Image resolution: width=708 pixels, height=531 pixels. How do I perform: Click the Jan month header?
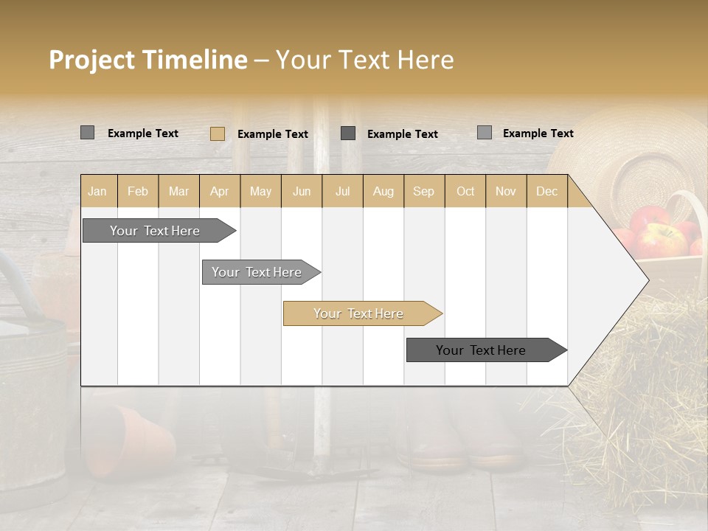point(97,191)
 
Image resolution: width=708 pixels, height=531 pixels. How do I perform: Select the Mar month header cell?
point(178,191)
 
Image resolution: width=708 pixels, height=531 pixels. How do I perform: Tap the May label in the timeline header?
point(260,191)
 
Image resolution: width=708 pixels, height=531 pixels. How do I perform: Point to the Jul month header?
point(342,191)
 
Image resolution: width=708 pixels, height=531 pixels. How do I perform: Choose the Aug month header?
point(383,191)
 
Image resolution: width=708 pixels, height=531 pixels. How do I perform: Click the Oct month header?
point(465,191)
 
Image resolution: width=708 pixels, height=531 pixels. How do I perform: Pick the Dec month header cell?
point(546,191)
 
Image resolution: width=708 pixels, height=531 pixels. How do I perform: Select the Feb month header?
point(138,191)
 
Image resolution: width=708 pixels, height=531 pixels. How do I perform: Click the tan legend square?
point(218,133)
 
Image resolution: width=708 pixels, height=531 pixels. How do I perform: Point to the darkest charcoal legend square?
point(348,133)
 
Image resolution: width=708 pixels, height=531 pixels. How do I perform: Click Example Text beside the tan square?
point(272,134)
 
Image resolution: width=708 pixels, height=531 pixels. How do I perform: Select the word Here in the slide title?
point(426,60)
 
